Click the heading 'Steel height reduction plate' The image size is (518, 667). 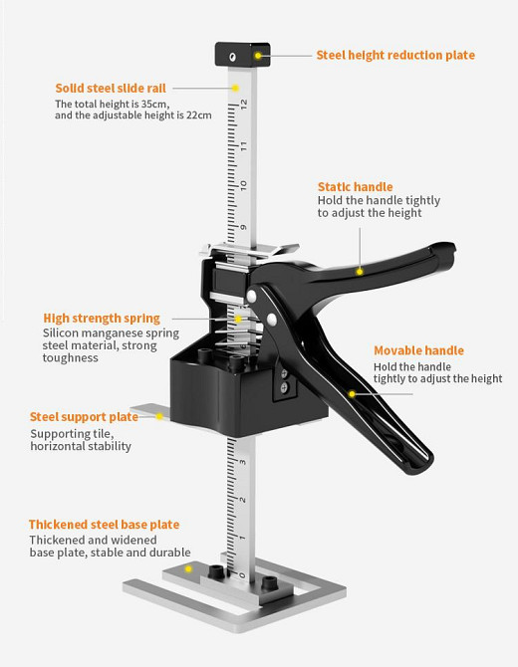point(395,56)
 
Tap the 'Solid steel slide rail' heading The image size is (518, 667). point(111,88)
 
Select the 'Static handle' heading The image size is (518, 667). point(355,187)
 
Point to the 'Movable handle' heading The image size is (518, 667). point(418,350)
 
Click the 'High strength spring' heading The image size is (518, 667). point(102,319)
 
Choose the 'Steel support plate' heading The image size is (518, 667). point(84,417)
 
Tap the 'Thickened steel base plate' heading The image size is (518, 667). point(105,525)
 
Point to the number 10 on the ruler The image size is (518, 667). point(243,185)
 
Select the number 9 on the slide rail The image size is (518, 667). point(243,227)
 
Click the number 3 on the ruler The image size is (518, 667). point(243,462)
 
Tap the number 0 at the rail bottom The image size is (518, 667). point(242,575)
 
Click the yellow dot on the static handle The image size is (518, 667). point(360,272)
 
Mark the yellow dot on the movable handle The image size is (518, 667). point(352,394)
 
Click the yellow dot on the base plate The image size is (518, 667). point(188,568)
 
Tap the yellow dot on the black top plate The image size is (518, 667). point(258,56)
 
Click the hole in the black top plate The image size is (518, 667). point(232,57)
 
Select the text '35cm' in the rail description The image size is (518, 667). point(154,105)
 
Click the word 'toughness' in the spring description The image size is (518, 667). point(71,358)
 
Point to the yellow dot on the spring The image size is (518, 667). point(238,319)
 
